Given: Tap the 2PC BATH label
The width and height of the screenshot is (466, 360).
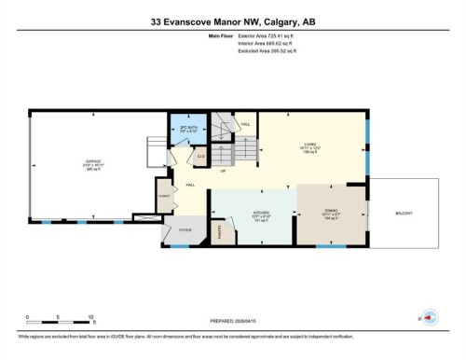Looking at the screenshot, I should click(185, 128).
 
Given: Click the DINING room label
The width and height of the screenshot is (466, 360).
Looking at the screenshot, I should click(332, 213).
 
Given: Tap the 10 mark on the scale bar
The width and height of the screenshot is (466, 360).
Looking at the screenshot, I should click(89, 317).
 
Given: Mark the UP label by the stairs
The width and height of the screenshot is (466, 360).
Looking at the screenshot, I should click(224, 173).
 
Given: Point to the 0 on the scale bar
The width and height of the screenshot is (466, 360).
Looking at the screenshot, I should click(27, 317).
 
